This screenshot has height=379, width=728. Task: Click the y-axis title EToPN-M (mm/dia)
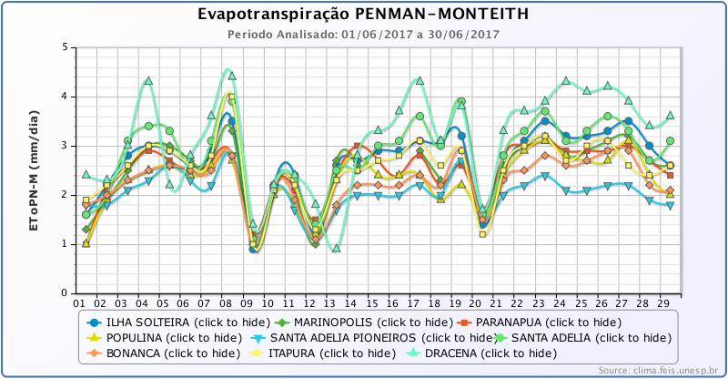pos(34,169)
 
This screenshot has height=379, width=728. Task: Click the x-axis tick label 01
pos(79,303)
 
